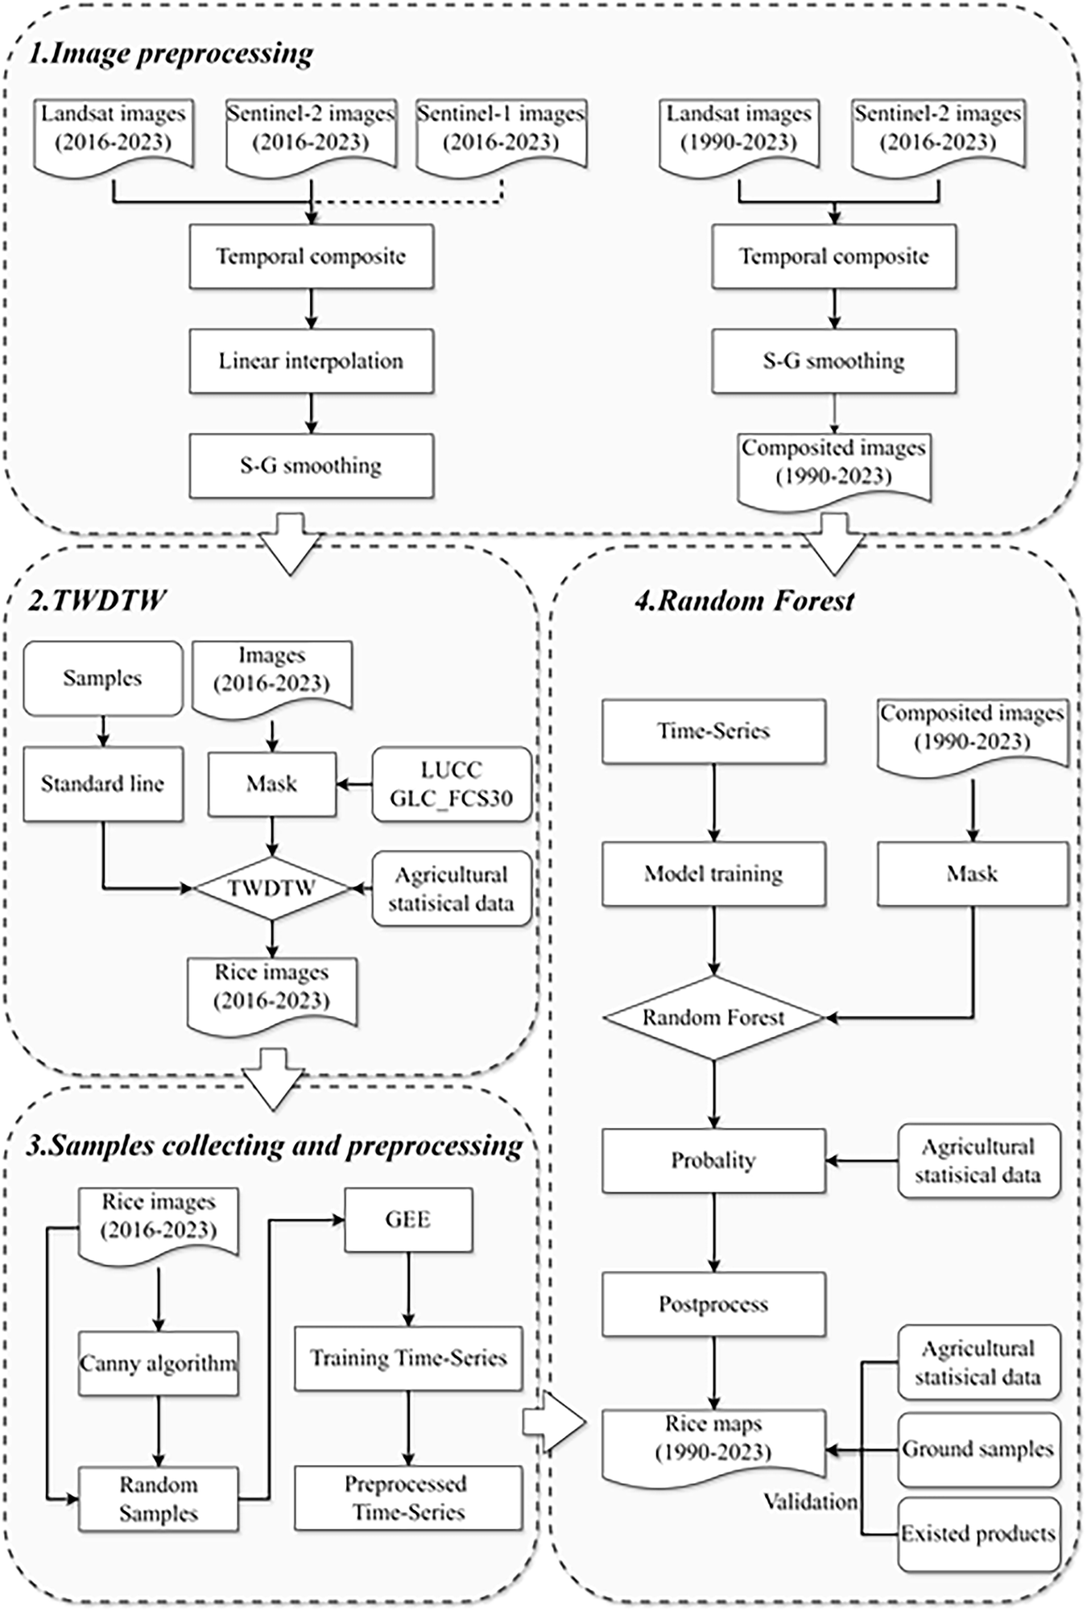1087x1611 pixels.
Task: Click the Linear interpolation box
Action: [x=311, y=361]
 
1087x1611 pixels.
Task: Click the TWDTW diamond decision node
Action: [x=272, y=888]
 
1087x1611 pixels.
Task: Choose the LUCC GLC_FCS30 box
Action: [x=451, y=784]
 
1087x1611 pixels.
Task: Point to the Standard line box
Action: [x=102, y=784]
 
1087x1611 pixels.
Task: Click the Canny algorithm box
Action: [x=159, y=1364]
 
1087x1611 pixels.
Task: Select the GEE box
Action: [x=408, y=1219]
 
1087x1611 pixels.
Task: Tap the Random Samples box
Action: [x=159, y=1498]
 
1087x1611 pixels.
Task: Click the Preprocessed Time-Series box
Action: [x=408, y=1497]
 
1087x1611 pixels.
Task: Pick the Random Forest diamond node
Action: [x=713, y=1018]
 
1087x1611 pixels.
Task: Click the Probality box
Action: [x=713, y=1160]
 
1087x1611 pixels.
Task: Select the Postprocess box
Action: [x=713, y=1303]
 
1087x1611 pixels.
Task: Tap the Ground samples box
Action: [x=977, y=1449]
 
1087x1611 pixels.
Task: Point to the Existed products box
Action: [x=977, y=1534]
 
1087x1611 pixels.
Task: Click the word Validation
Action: [x=810, y=1502]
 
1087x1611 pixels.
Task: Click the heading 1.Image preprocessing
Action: [x=171, y=54]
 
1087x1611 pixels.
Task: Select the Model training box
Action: [x=713, y=874]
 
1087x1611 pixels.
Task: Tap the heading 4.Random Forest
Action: [x=745, y=601]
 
